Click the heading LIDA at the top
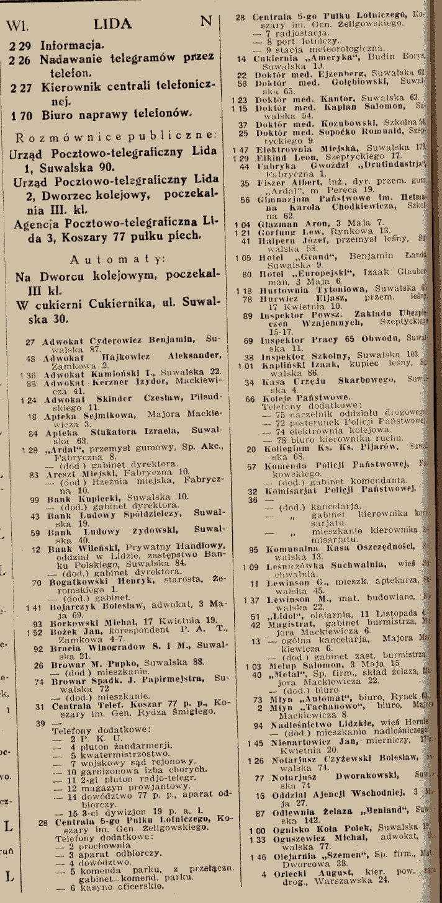[x=113, y=24]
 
